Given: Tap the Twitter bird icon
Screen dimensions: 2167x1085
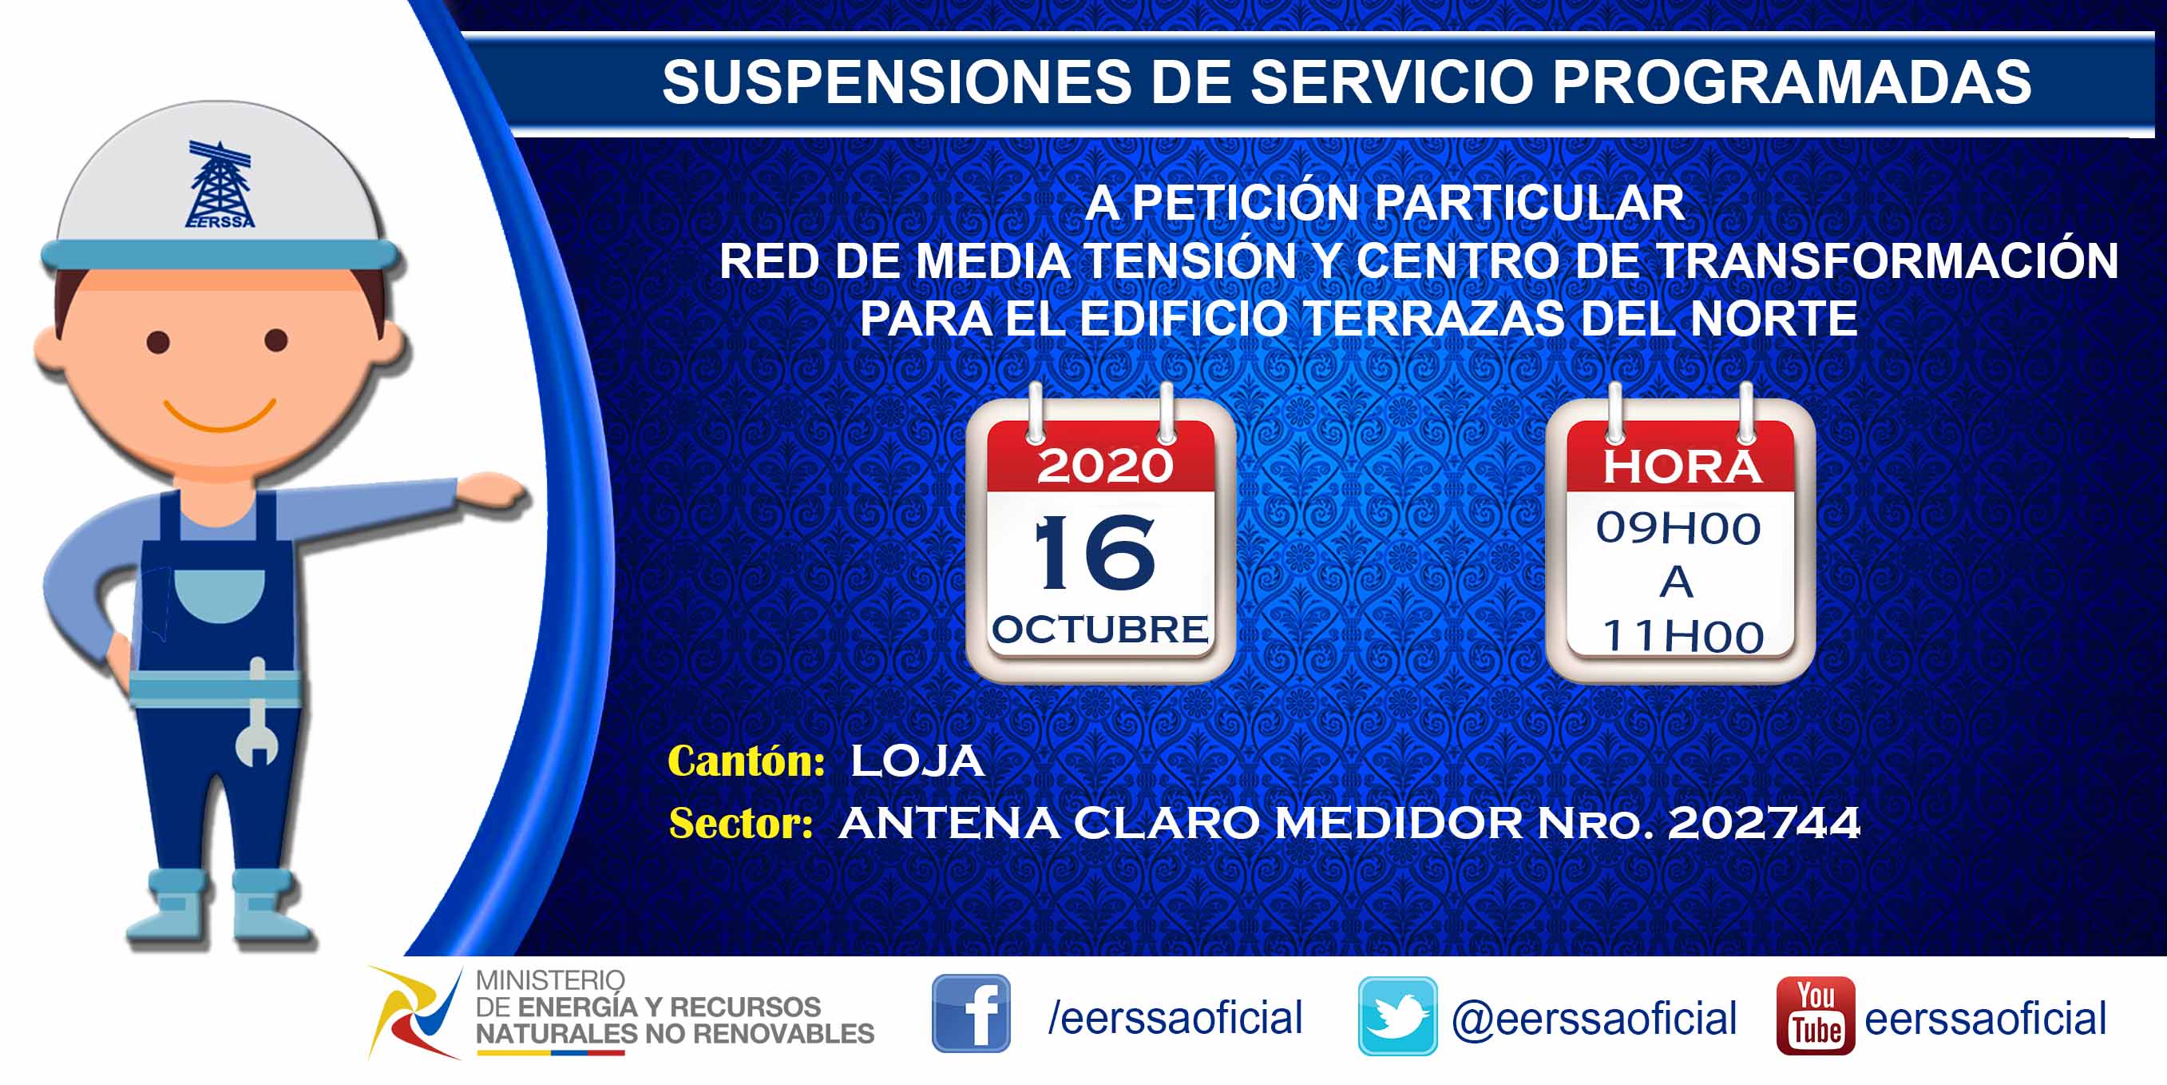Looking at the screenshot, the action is [1397, 1016].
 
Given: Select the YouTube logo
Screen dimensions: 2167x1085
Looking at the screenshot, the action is [1816, 1015].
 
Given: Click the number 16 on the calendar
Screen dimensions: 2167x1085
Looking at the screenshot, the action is [1095, 552].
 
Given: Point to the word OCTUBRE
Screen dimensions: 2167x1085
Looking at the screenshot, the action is [1099, 630].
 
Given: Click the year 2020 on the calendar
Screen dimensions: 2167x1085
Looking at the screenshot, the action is [1104, 466].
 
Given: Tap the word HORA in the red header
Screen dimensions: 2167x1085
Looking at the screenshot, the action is [1681, 467].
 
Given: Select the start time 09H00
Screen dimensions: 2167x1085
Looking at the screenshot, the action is [1678, 529].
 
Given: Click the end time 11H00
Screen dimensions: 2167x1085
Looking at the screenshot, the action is [1682, 636].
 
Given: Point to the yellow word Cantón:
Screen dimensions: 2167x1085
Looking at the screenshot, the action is [747, 761].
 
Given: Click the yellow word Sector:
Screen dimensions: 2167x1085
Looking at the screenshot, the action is [741, 823].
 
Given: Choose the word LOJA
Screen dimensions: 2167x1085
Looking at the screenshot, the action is [917, 761].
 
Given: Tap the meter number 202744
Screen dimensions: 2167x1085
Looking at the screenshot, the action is [1763, 823].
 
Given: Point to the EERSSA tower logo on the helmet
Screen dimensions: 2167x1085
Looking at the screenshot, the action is [220, 185].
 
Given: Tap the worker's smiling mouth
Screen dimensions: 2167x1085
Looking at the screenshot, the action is [220, 414].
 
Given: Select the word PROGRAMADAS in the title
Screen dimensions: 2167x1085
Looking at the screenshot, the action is [1792, 81].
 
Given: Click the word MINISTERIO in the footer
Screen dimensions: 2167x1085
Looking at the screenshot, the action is [550, 980].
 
